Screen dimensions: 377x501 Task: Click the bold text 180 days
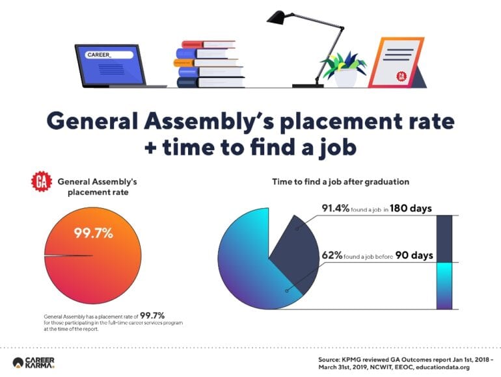[411, 209]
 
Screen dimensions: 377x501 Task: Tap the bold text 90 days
[414, 255]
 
